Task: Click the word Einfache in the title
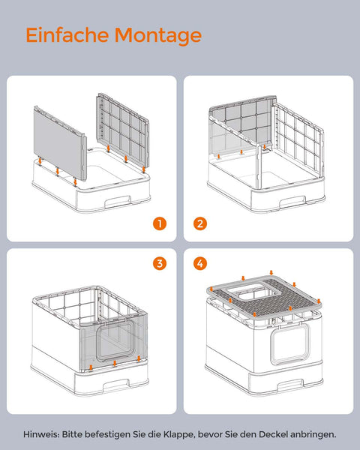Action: [x=67, y=35]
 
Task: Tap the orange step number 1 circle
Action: [x=160, y=223]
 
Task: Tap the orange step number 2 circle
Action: [x=200, y=223]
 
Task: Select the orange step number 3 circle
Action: [x=160, y=263]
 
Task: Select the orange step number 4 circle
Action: [x=200, y=263]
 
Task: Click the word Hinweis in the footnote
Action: [x=41, y=434]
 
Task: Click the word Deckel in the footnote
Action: [x=272, y=434]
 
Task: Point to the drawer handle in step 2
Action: [x=292, y=202]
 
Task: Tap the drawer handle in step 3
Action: [x=116, y=385]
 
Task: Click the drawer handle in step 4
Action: [x=290, y=385]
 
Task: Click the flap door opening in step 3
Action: [x=115, y=341]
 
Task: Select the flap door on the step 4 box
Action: [x=290, y=343]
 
